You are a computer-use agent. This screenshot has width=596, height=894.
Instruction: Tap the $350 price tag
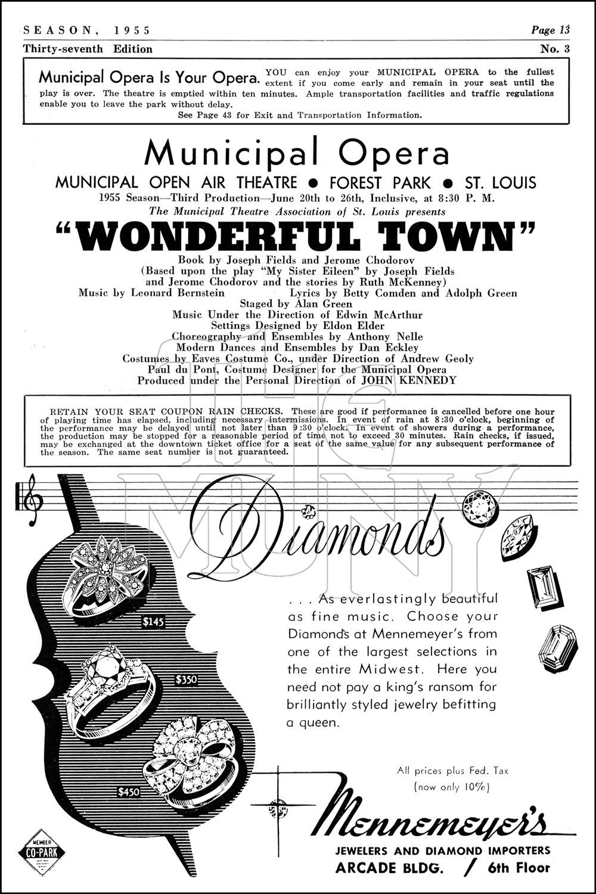coord(186,679)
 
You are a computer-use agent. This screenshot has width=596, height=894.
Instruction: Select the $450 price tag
coord(129,792)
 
